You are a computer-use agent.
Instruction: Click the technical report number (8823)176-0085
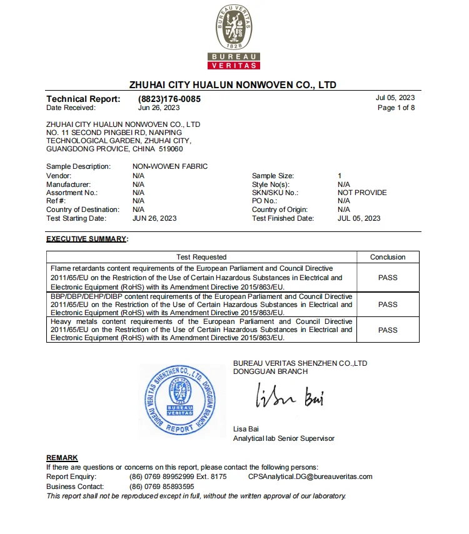point(169,99)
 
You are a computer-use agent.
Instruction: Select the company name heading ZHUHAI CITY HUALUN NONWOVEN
point(233,84)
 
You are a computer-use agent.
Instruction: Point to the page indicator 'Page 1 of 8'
point(396,108)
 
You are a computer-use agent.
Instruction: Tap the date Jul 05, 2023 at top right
point(395,98)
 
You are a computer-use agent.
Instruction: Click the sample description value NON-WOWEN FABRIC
point(170,167)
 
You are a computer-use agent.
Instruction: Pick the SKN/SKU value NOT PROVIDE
point(362,193)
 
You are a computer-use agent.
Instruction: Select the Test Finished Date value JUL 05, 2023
point(359,218)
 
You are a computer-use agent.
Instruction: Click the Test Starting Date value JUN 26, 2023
point(154,218)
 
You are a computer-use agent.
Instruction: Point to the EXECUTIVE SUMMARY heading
point(87,239)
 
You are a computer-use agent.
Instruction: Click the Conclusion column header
point(388,257)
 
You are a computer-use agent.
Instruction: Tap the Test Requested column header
point(201,257)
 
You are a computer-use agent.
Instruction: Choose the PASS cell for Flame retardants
point(388,278)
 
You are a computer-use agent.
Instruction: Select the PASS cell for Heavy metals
point(388,330)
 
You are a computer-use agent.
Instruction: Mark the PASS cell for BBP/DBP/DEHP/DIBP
point(388,305)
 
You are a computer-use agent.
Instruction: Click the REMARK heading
point(62,458)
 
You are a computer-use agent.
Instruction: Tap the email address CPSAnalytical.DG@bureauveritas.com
point(310,476)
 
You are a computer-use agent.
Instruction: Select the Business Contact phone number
point(161,486)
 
